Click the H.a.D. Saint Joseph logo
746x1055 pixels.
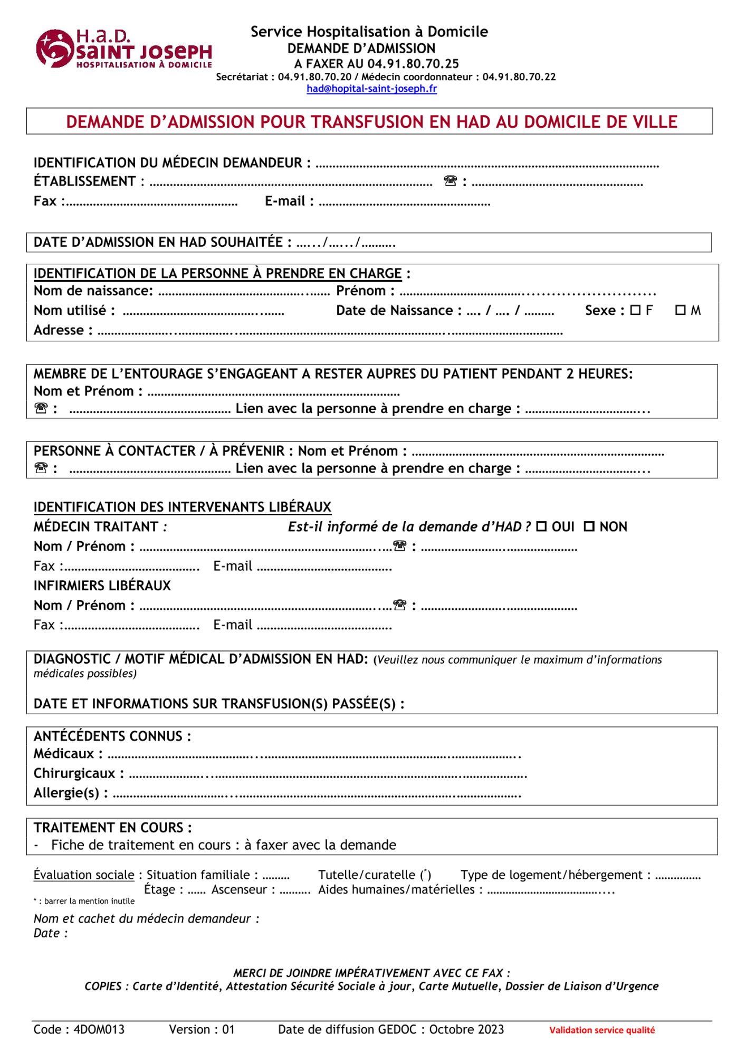[123, 49]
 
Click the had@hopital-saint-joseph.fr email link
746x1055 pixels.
[371, 89]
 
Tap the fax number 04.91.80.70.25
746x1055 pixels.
[413, 64]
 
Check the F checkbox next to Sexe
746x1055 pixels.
[635, 310]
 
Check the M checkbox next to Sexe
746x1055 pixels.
[681, 310]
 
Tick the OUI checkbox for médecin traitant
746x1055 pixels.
[541, 526]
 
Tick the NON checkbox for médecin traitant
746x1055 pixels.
[589, 526]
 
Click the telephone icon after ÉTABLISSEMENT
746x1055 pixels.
[450, 181]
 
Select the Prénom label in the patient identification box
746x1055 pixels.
[361, 291]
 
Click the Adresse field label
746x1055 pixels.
[59, 330]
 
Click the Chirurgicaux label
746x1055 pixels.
[74, 773]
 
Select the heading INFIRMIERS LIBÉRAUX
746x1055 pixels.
[102, 586]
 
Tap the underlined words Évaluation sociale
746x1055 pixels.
[84, 875]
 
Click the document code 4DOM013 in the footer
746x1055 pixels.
[99, 1029]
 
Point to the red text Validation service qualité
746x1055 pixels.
[602, 1030]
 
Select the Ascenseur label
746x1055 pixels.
[239, 889]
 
